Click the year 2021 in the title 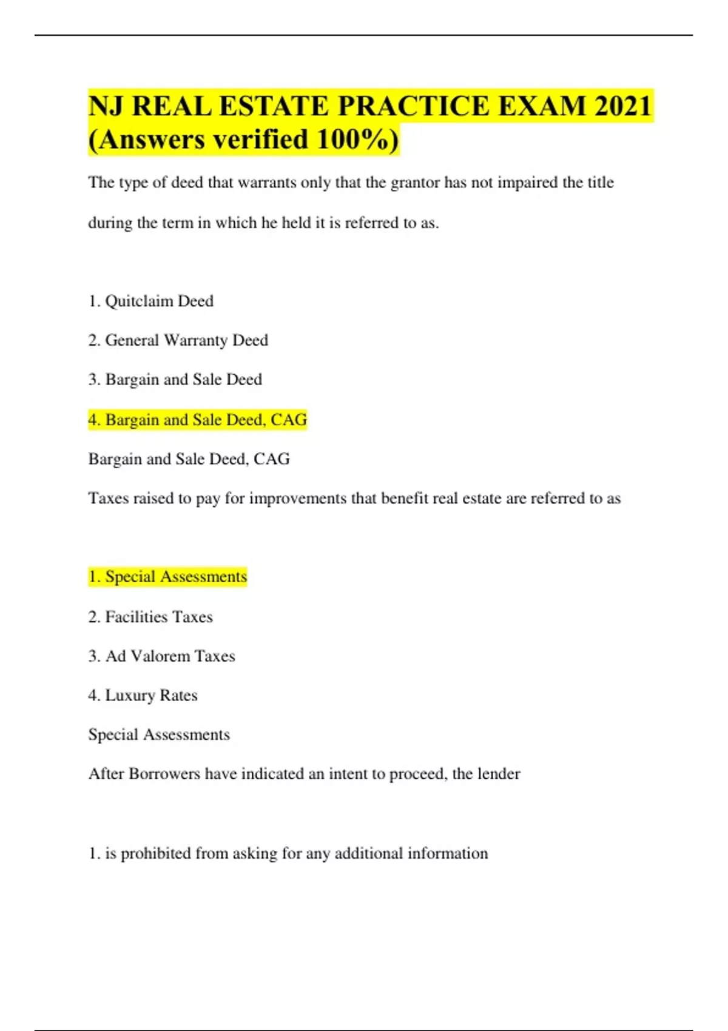tap(623, 106)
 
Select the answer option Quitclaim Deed tap(159, 301)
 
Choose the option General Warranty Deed tap(186, 340)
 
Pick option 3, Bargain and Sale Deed tap(183, 380)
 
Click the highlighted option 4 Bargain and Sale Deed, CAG tap(198, 420)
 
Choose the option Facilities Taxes tap(158, 617)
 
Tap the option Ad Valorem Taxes tap(170, 656)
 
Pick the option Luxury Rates tap(151, 696)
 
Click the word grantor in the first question tap(415, 183)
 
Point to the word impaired tap(527, 183)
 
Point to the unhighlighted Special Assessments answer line tap(159, 734)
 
